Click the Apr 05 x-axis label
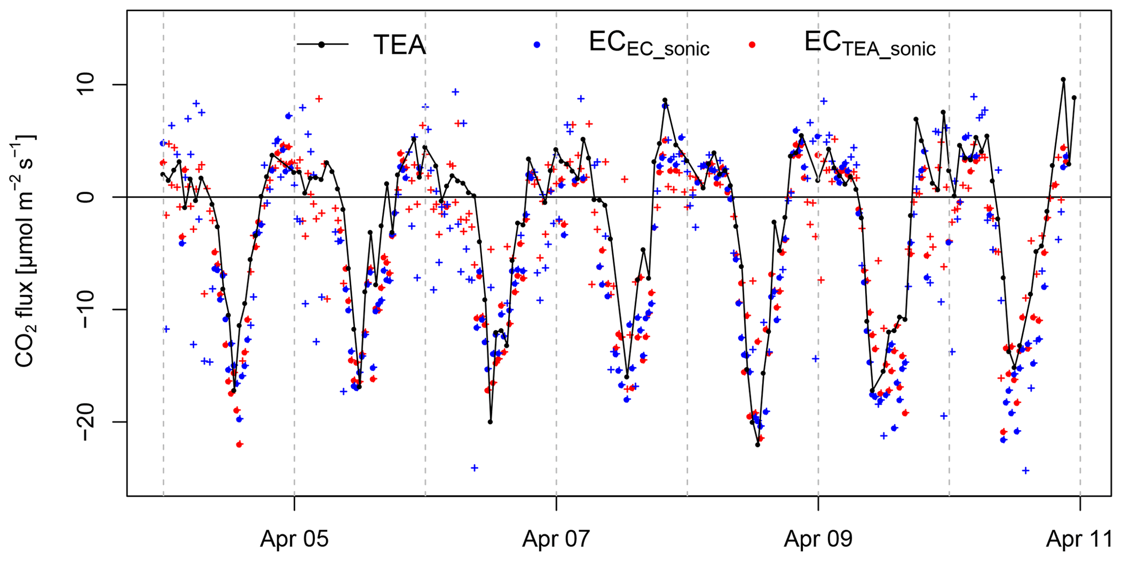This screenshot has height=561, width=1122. [294, 539]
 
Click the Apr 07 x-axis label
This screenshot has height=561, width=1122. [556, 539]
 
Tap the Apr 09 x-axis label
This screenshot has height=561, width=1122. [818, 539]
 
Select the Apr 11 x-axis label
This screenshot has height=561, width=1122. [1080, 539]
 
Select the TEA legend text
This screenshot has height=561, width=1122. [400, 45]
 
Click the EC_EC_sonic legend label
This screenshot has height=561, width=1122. [649, 45]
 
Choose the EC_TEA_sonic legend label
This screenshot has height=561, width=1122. [870, 45]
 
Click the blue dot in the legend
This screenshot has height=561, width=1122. [537, 45]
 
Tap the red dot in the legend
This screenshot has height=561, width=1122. [752, 45]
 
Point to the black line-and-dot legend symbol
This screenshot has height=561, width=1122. [322, 45]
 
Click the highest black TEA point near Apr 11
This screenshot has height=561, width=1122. [1063, 79]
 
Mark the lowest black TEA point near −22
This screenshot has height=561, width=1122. [758, 445]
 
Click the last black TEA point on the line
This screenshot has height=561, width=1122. [1074, 98]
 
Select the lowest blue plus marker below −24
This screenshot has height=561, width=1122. [1025, 470]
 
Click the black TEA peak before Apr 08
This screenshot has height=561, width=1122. [664, 100]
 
